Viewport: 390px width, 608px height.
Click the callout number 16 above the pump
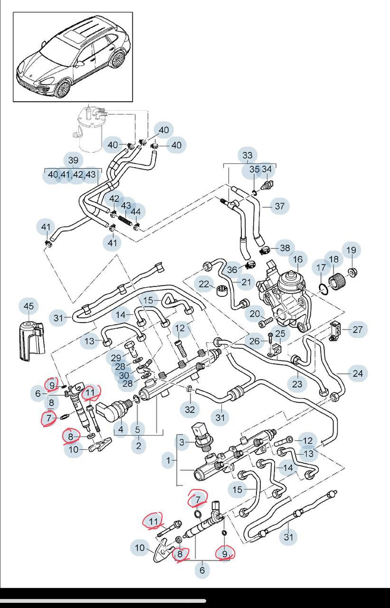point(297,259)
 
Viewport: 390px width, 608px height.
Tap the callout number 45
point(29,306)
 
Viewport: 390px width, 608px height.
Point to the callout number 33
point(247,155)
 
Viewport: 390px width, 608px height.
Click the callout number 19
point(351,250)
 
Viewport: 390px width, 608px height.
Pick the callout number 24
point(358,374)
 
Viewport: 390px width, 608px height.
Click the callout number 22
point(204,284)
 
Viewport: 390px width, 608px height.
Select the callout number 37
point(279,206)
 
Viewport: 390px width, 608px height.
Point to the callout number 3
point(181,443)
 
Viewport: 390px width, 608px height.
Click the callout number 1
point(168,460)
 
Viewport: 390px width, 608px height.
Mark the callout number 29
point(116,357)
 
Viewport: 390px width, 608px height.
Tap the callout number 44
point(136,212)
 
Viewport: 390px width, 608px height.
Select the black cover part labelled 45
point(30,340)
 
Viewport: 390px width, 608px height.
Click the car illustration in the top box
point(72,57)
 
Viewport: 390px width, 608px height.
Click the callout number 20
point(255,313)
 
